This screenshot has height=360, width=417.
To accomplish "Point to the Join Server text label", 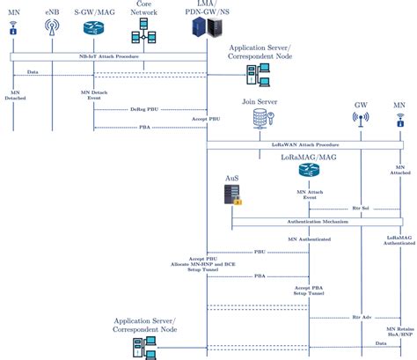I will [x=260, y=102].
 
